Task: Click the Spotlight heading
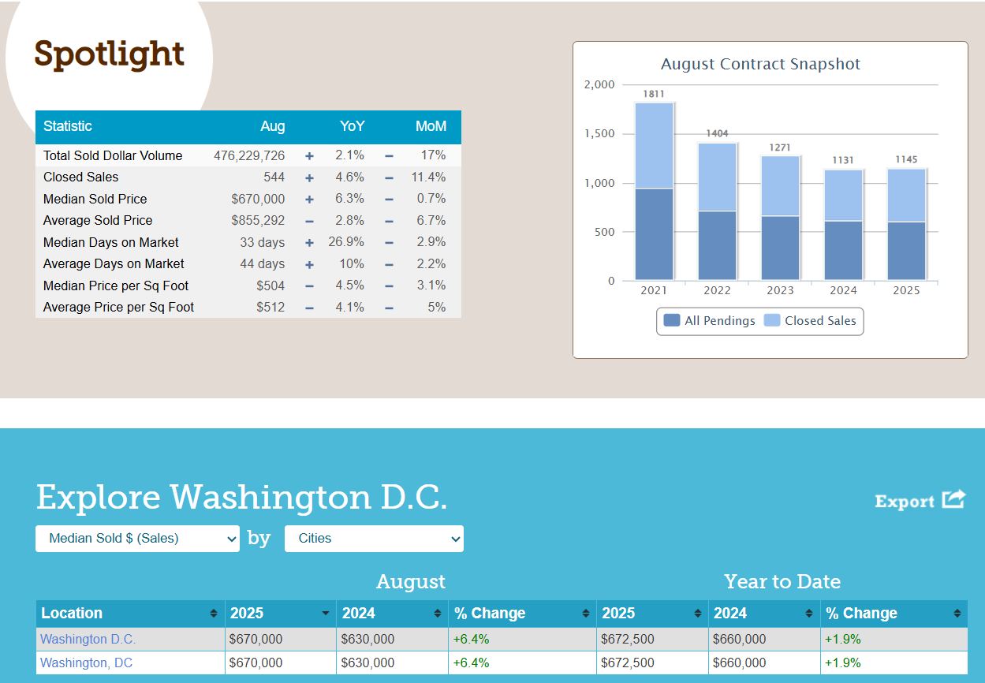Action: [x=109, y=54]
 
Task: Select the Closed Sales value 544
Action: [x=274, y=177]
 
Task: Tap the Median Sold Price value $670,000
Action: [x=258, y=199]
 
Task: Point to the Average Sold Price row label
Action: [x=98, y=220]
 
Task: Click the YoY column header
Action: [x=352, y=126]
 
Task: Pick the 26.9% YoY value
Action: [x=346, y=241]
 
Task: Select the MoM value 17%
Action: [x=433, y=155]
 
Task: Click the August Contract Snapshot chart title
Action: [x=760, y=64]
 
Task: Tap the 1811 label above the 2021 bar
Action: [x=654, y=94]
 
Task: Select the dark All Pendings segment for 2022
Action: [x=717, y=244]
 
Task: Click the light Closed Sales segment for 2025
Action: [x=906, y=195]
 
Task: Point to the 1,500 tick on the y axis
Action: [x=599, y=133]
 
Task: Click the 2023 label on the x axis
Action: [x=780, y=290]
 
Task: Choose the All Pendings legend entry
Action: [x=709, y=321]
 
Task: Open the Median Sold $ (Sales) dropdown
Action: [x=137, y=539]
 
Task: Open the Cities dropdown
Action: [x=374, y=539]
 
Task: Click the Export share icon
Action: [x=953, y=500]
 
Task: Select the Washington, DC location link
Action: [x=86, y=662]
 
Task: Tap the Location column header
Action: [x=72, y=613]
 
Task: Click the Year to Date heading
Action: [x=782, y=581]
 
